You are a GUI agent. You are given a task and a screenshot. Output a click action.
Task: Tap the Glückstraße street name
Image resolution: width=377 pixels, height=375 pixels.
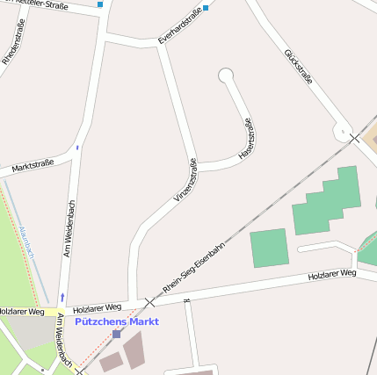click(x=299, y=69)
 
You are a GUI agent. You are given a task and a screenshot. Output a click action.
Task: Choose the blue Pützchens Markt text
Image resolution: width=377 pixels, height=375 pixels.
click(x=117, y=321)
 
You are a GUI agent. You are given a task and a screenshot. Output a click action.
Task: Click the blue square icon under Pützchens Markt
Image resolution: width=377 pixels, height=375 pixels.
click(x=116, y=334)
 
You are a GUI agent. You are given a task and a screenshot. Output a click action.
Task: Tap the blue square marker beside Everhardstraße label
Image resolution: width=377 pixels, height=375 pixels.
click(x=206, y=8)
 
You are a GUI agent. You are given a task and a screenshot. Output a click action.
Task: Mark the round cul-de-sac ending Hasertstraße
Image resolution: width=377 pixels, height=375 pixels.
click(x=226, y=76)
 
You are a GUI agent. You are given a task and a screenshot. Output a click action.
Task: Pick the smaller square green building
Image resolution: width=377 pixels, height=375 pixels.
click(x=269, y=248)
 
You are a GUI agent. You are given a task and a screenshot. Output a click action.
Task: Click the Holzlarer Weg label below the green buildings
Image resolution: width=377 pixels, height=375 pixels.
click(x=332, y=275)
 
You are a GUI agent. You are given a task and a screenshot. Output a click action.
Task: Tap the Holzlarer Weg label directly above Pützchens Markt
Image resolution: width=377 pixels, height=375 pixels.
click(x=97, y=308)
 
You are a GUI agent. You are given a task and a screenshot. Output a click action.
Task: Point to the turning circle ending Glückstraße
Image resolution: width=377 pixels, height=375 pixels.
click(x=342, y=132)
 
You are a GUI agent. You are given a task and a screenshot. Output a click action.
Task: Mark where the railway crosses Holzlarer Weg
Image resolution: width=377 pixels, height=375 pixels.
click(x=149, y=302)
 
